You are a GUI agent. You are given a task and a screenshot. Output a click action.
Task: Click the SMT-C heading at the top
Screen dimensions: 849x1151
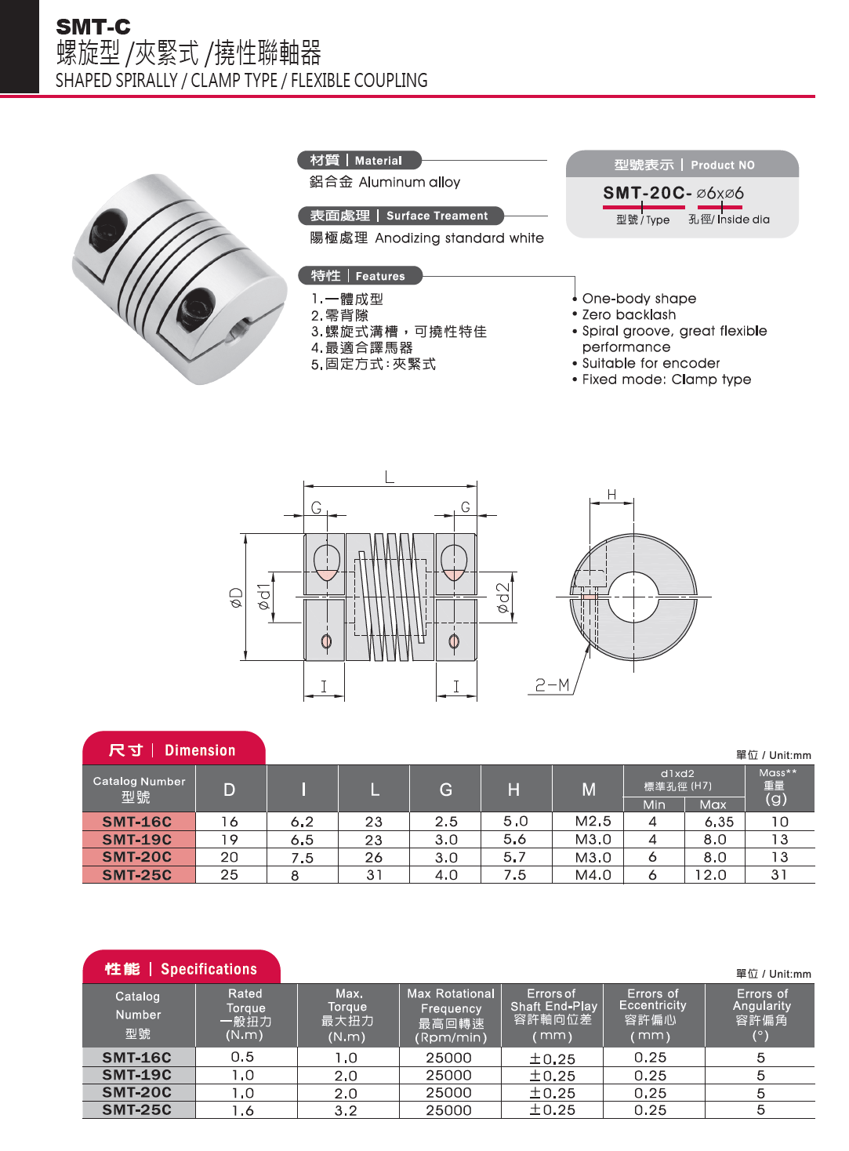[93, 27]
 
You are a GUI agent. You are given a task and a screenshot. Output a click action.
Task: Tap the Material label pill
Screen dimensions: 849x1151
[359, 161]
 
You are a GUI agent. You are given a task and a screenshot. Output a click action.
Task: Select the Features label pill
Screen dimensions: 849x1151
[360, 275]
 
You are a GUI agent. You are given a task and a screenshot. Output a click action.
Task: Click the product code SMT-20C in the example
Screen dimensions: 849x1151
[647, 193]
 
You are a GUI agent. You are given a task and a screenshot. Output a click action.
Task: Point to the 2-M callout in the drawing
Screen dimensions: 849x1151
[552, 685]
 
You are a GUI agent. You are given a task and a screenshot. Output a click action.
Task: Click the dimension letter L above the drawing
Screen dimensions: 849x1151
[389, 477]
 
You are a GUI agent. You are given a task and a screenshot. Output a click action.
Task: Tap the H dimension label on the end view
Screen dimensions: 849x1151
[611, 495]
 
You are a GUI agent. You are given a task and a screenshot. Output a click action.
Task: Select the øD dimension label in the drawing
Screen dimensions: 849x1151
[236, 597]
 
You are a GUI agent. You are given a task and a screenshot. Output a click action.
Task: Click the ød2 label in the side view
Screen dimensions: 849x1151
[503, 597]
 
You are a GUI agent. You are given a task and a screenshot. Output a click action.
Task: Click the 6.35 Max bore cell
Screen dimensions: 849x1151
[719, 822]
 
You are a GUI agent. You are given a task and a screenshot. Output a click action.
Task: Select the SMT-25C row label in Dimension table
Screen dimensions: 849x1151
[137, 875]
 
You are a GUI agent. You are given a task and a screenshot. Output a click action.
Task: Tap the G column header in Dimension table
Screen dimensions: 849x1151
[445, 790]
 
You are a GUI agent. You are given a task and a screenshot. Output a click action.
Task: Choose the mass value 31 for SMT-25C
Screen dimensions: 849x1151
[778, 874]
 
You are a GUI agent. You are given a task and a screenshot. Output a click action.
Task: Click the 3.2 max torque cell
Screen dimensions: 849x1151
[346, 1110]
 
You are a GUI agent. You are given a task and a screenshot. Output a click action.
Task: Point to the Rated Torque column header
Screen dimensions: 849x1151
[245, 1014]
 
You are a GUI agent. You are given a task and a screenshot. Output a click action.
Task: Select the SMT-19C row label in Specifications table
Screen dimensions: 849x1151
[137, 1075]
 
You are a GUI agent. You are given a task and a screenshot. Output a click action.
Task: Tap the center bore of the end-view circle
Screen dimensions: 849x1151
[633, 597]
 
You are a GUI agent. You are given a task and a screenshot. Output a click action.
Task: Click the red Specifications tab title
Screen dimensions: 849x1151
[182, 968]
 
